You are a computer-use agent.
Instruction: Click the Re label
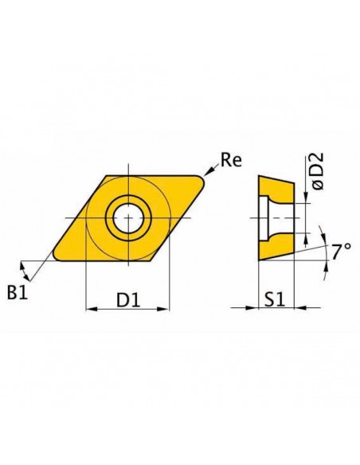[x=231, y=160]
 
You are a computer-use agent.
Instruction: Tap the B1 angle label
[x=18, y=292]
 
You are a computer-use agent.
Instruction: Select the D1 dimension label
[x=127, y=300]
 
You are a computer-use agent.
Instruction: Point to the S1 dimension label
[x=275, y=299]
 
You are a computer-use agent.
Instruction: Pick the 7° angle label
[x=341, y=252]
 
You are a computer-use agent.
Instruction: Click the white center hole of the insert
[x=128, y=218]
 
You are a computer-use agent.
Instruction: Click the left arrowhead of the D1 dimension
[x=92, y=309]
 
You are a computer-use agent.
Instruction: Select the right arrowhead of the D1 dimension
[x=163, y=309]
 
